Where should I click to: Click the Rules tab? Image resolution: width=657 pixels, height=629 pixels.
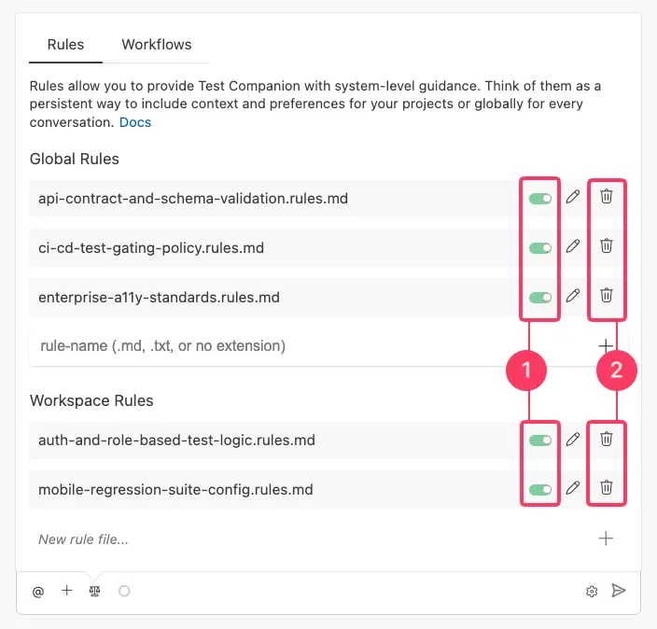pos(65,45)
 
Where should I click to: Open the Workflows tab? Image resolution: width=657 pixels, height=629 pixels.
pos(157,45)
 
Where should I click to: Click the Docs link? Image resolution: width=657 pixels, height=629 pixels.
pos(135,122)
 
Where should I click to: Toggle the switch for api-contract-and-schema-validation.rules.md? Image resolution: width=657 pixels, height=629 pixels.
pos(539,198)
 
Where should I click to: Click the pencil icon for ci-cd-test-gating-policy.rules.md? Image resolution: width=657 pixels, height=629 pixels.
pos(573,246)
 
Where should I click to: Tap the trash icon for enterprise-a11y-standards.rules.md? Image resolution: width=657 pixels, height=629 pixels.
pos(607,296)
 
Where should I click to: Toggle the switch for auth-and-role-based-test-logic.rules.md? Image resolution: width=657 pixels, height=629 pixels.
pos(539,439)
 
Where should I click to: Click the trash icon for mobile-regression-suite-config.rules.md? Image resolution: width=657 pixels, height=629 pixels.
pos(607,487)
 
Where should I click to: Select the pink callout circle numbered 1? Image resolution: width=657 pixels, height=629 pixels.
pos(526,370)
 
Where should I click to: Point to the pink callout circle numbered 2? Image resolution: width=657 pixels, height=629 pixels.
pos(616,370)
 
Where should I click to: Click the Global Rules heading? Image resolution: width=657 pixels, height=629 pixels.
pos(75,160)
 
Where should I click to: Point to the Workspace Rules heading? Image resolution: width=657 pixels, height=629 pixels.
pos(91,400)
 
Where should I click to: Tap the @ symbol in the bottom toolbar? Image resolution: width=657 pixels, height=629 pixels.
pos(38,591)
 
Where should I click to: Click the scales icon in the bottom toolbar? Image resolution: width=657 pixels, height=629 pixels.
pos(94,591)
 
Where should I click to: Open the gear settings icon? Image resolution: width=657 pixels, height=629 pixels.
pos(592,591)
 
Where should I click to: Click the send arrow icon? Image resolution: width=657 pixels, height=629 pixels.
pos(618,591)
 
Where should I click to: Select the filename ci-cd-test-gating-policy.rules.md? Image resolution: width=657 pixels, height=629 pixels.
pos(151,247)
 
